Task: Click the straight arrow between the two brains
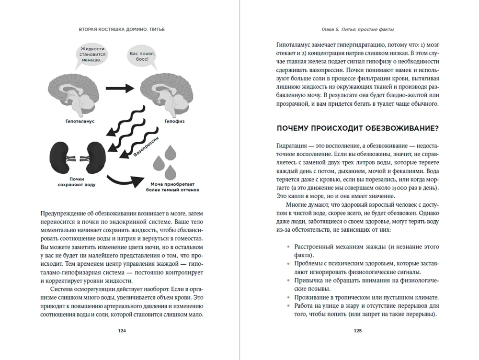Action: [119, 88]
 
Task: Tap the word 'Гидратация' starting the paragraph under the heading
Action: [292, 145]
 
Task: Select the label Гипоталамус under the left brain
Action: [78, 121]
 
